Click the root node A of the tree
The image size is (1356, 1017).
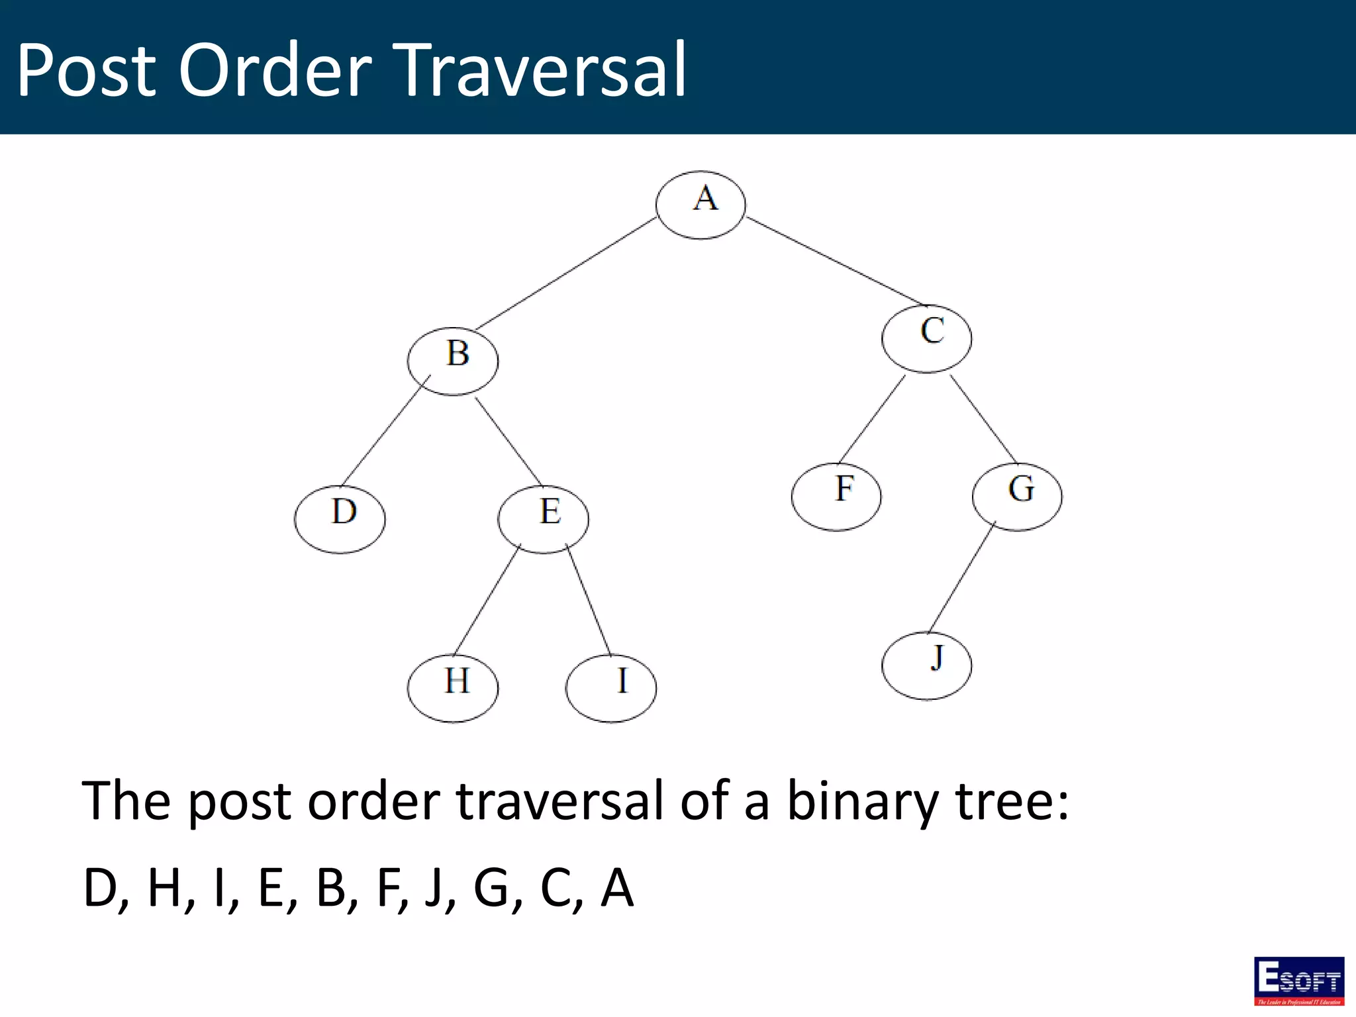click(x=701, y=205)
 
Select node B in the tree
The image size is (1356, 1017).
click(x=453, y=361)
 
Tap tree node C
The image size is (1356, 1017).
click(x=926, y=338)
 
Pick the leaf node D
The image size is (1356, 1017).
click(x=340, y=519)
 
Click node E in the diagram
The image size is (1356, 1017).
click(x=543, y=519)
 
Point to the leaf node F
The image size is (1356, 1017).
click(x=836, y=497)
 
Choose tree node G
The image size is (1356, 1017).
click(x=1017, y=497)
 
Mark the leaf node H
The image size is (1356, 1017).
click(x=453, y=688)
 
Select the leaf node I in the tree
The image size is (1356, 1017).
click(x=611, y=688)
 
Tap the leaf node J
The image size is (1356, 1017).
click(x=926, y=665)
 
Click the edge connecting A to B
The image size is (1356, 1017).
click(x=566, y=273)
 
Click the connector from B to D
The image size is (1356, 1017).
click(x=386, y=430)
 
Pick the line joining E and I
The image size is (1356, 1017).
click(x=588, y=599)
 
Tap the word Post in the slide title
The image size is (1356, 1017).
click(x=86, y=70)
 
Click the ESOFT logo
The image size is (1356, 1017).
click(x=1298, y=981)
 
